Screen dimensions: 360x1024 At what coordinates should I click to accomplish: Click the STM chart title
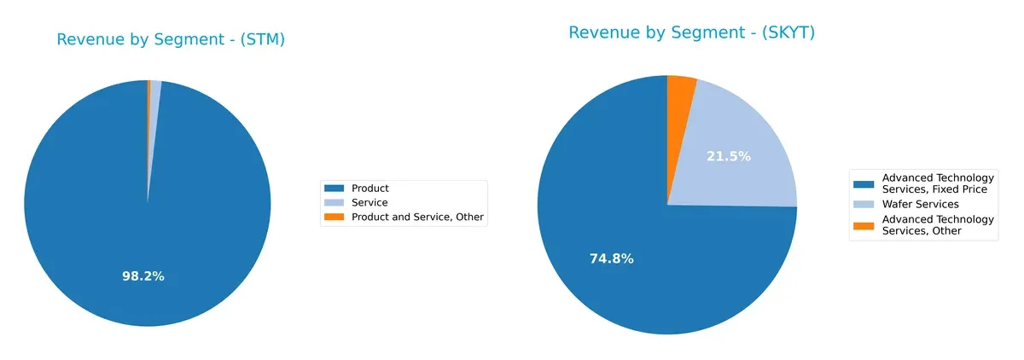pyautogui.click(x=171, y=40)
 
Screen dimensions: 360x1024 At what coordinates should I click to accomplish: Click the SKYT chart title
pyautogui.click(x=691, y=33)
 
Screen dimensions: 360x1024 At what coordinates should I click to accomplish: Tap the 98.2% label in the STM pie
pyautogui.click(x=142, y=276)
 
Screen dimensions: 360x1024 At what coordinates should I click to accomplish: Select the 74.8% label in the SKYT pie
pyautogui.click(x=611, y=259)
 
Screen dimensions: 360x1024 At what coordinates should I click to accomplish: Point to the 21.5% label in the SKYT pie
pyautogui.click(x=729, y=156)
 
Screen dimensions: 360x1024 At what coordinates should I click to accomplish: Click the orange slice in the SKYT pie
pyautogui.click(x=681, y=94)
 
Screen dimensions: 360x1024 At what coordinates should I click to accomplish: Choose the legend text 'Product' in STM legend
pyautogui.click(x=370, y=189)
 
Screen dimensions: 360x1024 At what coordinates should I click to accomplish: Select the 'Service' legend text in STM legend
pyautogui.click(x=369, y=203)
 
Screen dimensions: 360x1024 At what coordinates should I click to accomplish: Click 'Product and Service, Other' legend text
pyautogui.click(x=417, y=218)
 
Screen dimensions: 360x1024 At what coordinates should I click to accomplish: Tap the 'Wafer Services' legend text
pyautogui.click(x=920, y=205)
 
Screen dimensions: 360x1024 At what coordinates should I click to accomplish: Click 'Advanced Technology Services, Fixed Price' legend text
pyautogui.click(x=937, y=183)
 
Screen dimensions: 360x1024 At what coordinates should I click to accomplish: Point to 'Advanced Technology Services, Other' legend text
pyautogui.click(x=937, y=225)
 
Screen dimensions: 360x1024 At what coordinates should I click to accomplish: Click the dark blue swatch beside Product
pyautogui.click(x=335, y=189)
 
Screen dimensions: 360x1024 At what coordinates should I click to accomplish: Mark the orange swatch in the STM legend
pyautogui.click(x=335, y=218)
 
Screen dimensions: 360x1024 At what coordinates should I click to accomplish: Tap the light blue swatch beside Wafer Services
pyautogui.click(x=864, y=205)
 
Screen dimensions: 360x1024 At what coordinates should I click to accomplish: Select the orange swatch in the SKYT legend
pyautogui.click(x=864, y=225)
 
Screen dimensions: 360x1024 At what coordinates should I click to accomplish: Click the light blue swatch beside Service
pyautogui.click(x=335, y=203)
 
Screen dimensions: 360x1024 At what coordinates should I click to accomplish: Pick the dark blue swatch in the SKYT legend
pyautogui.click(x=864, y=183)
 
